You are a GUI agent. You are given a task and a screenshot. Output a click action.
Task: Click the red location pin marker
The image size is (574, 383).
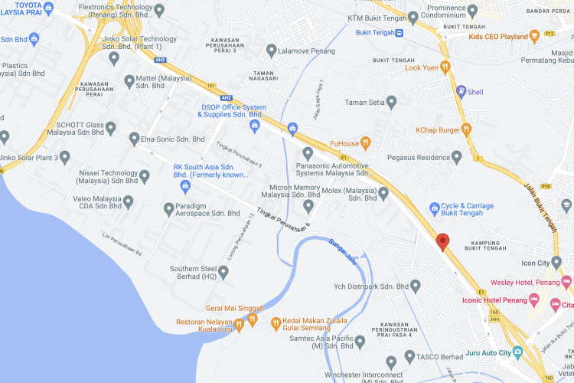[442, 242]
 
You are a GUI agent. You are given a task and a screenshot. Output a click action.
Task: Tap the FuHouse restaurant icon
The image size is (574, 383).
[366, 142]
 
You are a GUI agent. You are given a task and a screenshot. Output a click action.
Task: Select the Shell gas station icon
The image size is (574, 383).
[461, 92]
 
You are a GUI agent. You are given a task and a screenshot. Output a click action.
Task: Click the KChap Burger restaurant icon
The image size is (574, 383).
[465, 129]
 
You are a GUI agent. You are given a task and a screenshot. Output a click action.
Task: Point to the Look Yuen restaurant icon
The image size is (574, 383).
[445, 67]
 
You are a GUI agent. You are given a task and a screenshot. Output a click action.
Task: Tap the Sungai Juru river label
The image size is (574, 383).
[343, 251]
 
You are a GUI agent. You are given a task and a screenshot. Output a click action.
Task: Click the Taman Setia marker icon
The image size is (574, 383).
[392, 101]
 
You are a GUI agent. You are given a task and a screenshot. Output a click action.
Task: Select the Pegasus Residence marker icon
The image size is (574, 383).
[457, 157]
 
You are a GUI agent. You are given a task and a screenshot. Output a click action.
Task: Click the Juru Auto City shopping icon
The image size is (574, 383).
[517, 352]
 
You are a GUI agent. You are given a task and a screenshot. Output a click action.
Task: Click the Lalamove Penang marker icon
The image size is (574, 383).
[271, 50]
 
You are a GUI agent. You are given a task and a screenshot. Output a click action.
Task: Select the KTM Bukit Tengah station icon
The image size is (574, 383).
[413, 17]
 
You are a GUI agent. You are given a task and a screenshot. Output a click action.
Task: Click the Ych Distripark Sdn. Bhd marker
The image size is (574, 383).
[416, 286]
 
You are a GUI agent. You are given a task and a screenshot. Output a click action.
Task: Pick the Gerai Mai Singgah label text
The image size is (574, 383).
[234, 309]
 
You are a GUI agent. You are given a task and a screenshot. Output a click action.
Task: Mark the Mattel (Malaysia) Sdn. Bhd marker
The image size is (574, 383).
[129, 80]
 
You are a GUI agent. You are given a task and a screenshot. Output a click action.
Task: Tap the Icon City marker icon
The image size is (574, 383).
[566, 264]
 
